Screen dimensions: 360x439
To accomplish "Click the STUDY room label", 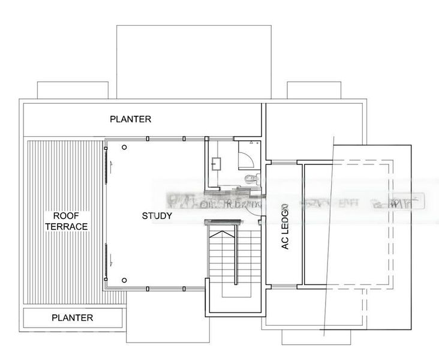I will [x=157, y=216].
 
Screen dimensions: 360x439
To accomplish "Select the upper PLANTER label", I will [x=131, y=119].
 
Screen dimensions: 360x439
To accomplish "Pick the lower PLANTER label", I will [x=72, y=317].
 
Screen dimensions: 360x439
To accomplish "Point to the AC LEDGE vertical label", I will [x=285, y=226].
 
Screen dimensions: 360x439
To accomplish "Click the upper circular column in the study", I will [x=124, y=147].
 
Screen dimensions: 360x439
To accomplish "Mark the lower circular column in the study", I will [x=124, y=280].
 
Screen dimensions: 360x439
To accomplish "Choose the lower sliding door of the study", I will [x=109, y=254].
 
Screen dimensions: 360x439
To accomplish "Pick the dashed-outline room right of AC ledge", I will [x=348, y=225].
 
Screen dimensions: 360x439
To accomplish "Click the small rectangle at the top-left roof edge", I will [x=73, y=90].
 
